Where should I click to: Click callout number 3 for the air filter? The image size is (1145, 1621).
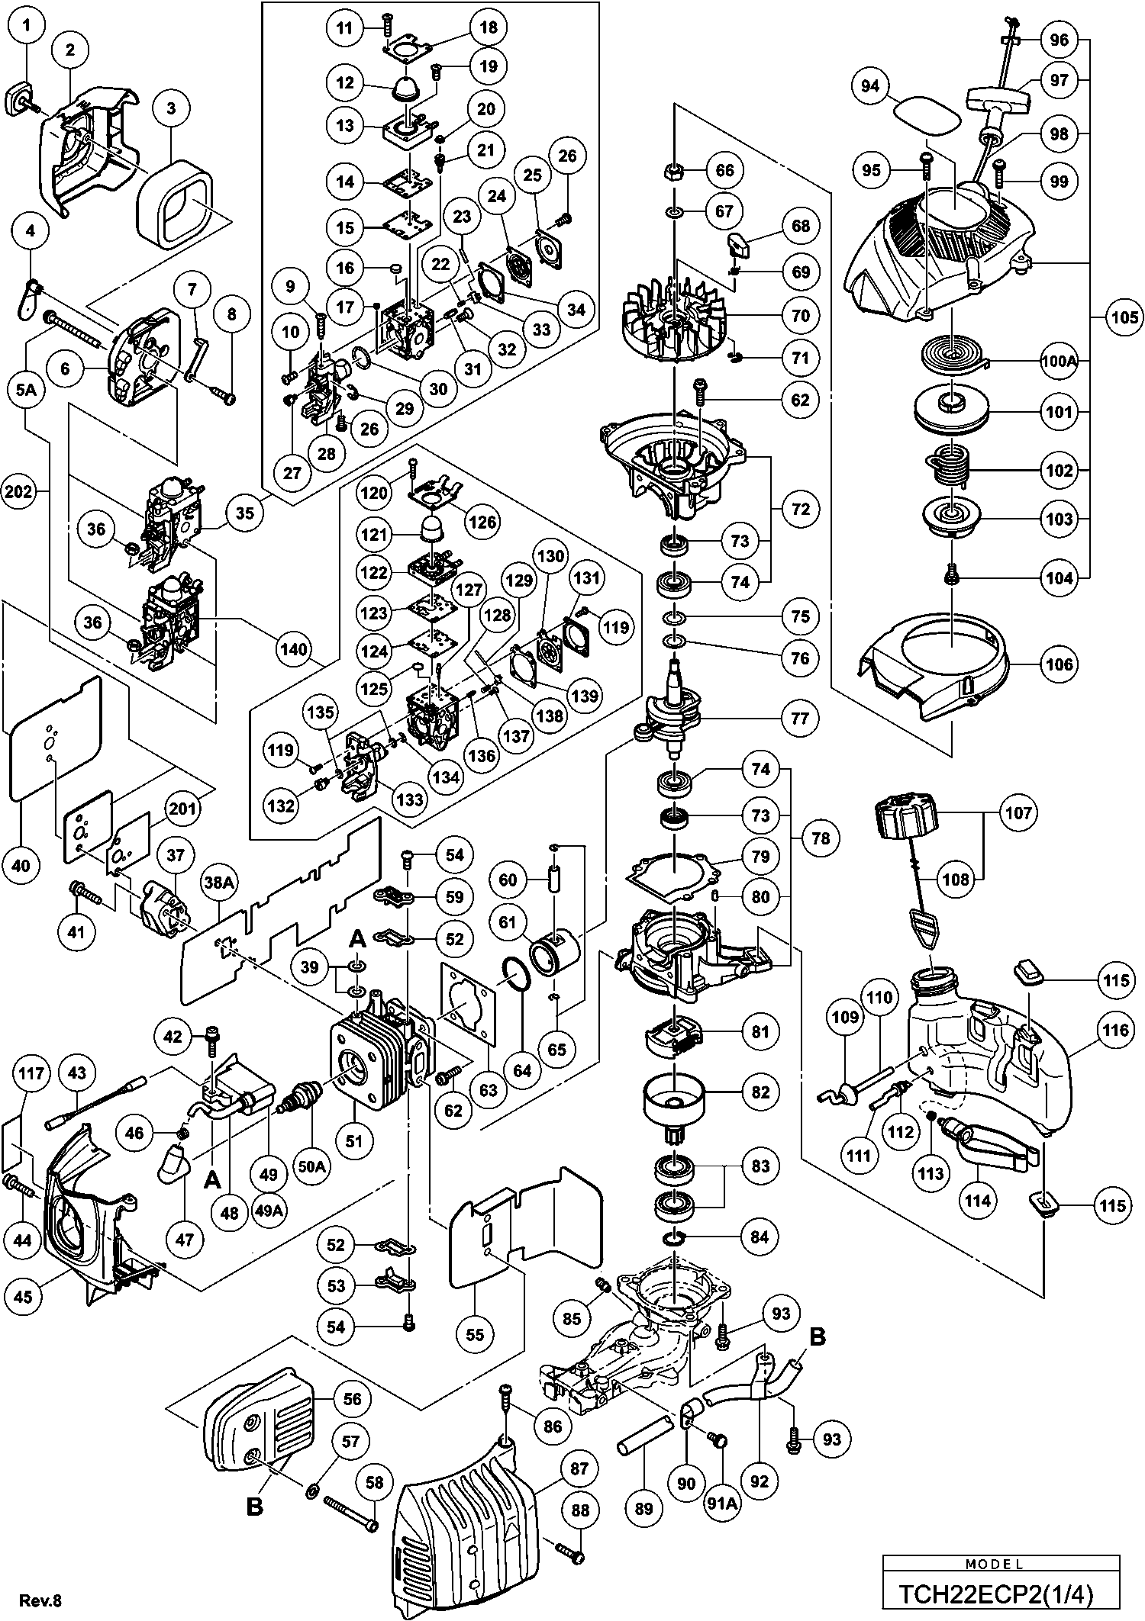[x=171, y=108]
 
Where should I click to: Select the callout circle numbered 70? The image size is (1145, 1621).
[x=801, y=315]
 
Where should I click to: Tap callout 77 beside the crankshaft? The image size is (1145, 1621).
[x=800, y=718]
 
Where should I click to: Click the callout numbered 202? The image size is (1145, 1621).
[x=18, y=492]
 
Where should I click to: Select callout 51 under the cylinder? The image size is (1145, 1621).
[x=354, y=1141]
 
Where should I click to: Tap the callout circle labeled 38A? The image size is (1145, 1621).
[x=218, y=883]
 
